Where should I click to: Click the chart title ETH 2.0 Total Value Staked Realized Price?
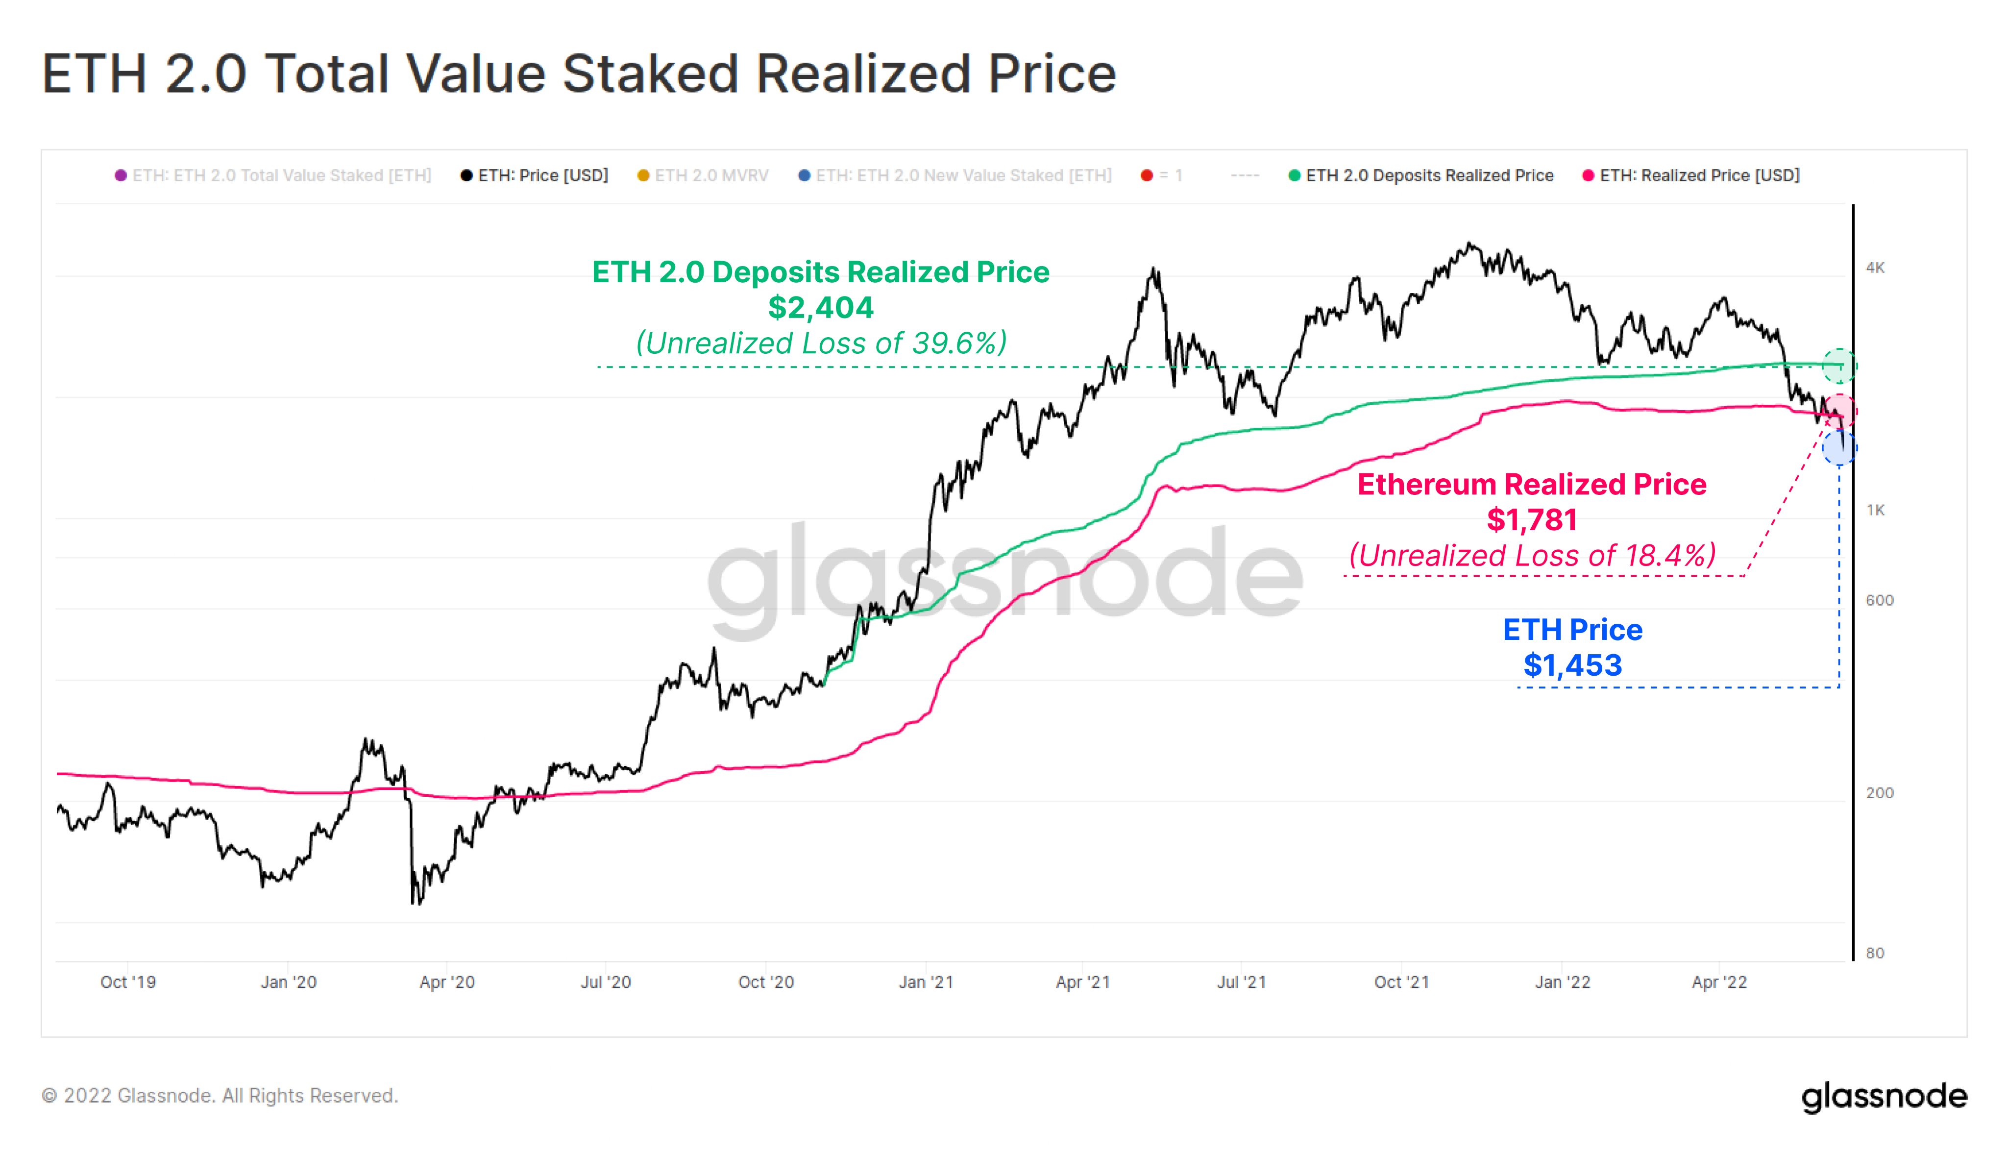pyautogui.click(x=579, y=74)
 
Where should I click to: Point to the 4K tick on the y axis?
pyautogui.click(x=1875, y=268)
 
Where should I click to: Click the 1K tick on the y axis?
pyautogui.click(x=1875, y=510)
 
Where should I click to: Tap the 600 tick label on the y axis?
pyautogui.click(x=1879, y=600)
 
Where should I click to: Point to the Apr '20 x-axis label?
pyautogui.click(x=446, y=982)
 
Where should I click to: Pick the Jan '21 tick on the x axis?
pyautogui.click(x=926, y=982)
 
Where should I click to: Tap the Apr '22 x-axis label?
pyautogui.click(x=1719, y=982)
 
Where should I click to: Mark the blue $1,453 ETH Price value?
pyautogui.click(x=1572, y=665)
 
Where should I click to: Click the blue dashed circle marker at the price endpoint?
pyautogui.click(x=1838, y=448)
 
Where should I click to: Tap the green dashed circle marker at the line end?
pyautogui.click(x=1838, y=366)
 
